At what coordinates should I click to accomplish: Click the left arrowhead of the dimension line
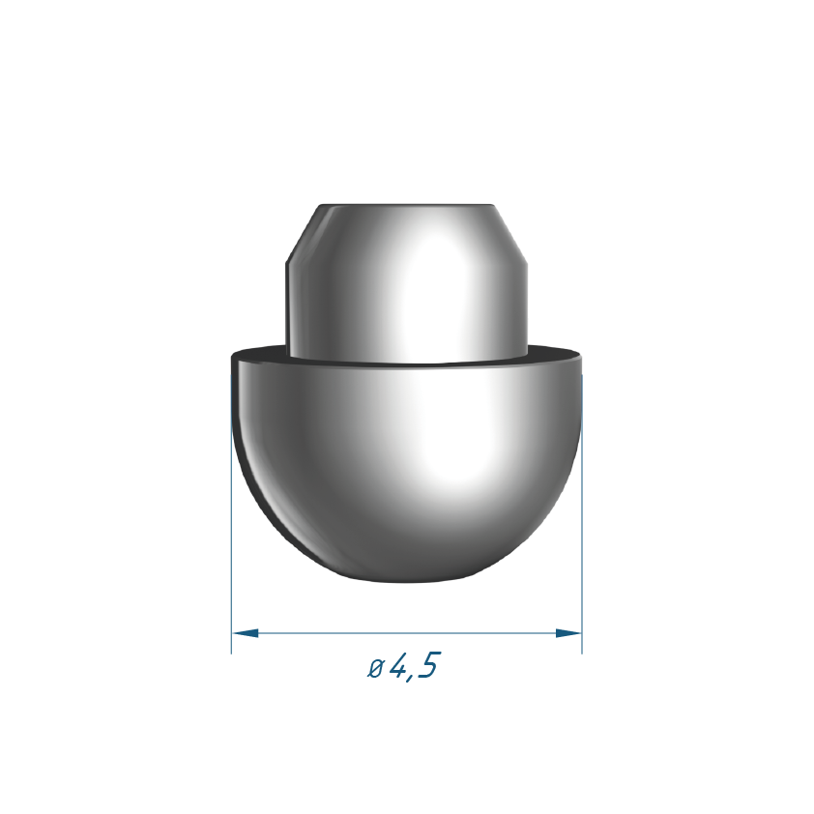click(x=245, y=633)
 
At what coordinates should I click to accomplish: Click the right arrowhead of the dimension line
click(x=568, y=633)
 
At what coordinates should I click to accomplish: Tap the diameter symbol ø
click(x=375, y=668)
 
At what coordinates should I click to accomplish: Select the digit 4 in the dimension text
click(x=398, y=664)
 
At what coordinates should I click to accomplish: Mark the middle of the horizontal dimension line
click(x=406, y=633)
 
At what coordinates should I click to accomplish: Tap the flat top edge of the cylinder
click(x=406, y=205)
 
